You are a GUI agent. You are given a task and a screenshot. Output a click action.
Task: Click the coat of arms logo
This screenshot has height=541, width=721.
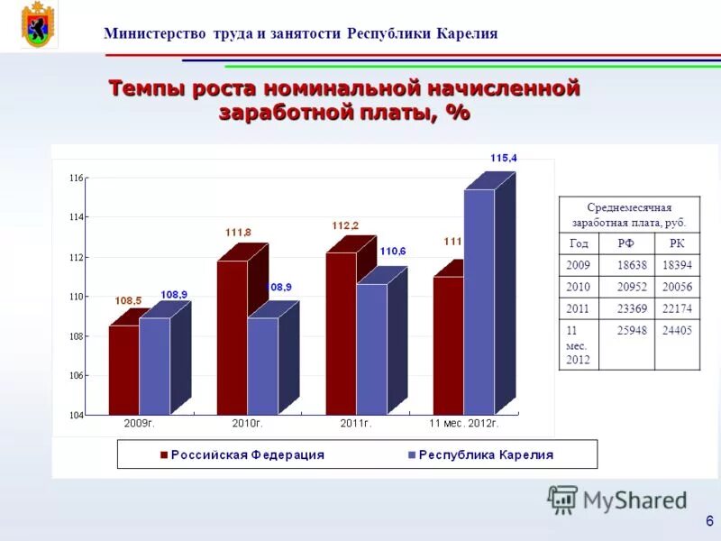[x=38, y=25]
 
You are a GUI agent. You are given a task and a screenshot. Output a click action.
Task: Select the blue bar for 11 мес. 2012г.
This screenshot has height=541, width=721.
[x=479, y=302]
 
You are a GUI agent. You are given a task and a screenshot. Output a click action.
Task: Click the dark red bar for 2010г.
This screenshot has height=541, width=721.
[x=232, y=338]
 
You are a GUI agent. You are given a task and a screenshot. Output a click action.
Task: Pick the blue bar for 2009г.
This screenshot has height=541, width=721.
[x=154, y=365]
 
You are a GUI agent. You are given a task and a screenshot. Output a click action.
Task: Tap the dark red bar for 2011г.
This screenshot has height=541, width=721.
[x=341, y=334]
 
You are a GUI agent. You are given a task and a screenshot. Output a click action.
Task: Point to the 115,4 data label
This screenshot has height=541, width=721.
[x=504, y=158]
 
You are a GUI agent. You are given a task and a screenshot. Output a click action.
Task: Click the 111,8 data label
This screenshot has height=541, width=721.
[x=238, y=233]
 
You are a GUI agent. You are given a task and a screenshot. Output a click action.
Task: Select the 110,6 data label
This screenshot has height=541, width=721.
[x=393, y=251]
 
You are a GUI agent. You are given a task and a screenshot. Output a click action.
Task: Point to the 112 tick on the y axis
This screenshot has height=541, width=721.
[x=76, y=257]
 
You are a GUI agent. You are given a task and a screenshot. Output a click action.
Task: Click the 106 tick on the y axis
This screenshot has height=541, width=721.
[x=76, y=375]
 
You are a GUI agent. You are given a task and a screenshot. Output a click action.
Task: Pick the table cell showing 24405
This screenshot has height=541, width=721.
[x=677, y=330]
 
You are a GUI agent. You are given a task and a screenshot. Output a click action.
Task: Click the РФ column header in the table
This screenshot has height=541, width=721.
[x=626, y=243]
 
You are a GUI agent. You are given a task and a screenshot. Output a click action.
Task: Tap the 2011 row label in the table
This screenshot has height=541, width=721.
[x=579, y=308]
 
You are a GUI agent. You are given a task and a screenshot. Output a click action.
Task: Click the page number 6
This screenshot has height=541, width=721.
[x=709, y=520]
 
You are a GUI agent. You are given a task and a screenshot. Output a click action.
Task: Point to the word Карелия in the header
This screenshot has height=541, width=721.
[x=467, y=34]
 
